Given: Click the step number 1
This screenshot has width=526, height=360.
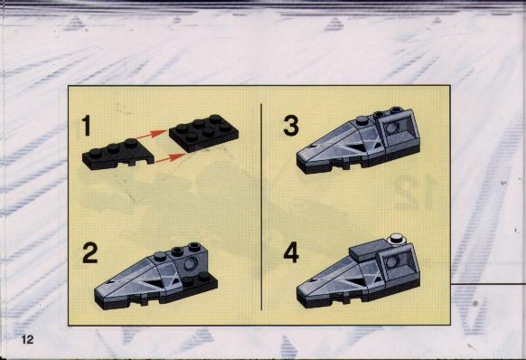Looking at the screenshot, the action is point(87,126).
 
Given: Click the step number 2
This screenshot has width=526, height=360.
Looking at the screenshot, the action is point(89,253).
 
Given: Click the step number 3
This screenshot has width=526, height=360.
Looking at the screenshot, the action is point(290,126).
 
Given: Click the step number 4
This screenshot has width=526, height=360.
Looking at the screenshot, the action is point(291,253).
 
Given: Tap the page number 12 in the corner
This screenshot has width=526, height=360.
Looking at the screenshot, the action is point(27,339).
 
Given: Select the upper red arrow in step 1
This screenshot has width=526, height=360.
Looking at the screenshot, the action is point(153,135).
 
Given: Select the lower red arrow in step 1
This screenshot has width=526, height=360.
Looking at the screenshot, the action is point(171,157).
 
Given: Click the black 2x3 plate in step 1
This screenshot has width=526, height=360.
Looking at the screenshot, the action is point(203,132).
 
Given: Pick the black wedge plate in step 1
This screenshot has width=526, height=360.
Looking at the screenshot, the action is point(118,154).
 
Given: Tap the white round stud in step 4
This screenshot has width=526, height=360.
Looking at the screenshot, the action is point(397,239).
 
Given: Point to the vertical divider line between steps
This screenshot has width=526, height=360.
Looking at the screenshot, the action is point(261,206).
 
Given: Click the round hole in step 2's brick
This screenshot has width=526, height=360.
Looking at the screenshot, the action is point(191,264).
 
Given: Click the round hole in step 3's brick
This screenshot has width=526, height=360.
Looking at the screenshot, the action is point(392,128).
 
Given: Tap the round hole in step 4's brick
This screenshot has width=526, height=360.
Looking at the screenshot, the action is point(392,261).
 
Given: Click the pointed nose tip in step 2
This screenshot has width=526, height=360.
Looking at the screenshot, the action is point(96,291).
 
